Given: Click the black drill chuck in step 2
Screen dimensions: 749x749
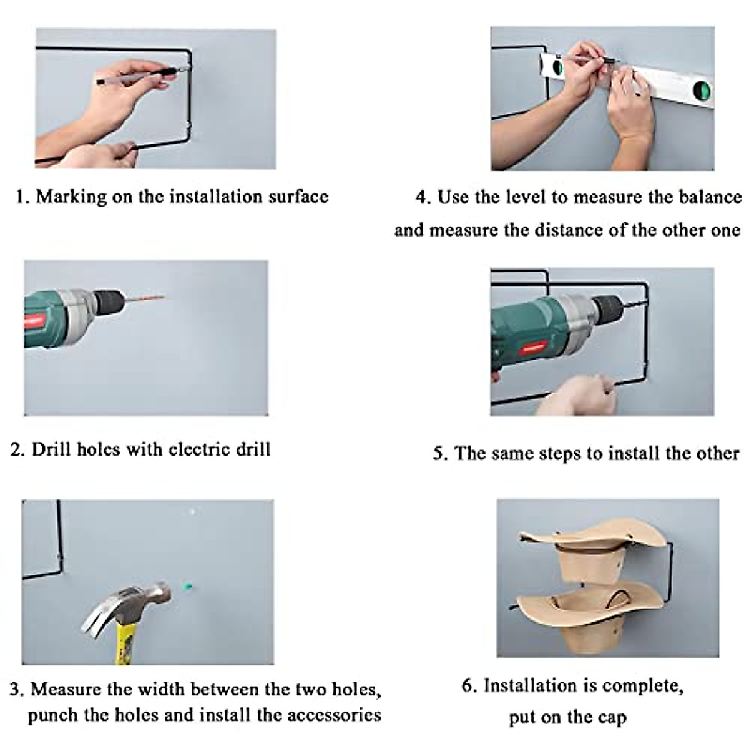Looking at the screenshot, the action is coord(109,301).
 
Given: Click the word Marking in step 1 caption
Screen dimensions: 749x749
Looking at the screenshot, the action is coord(72,197).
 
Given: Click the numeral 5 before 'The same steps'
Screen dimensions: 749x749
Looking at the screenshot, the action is coord(439,454).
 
